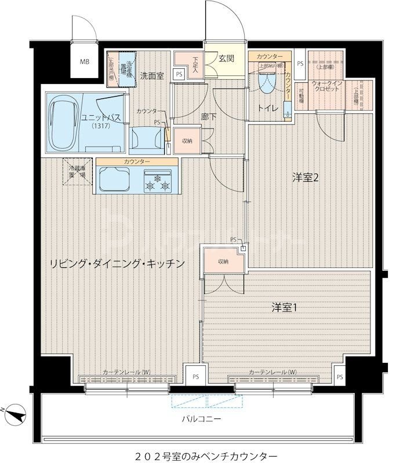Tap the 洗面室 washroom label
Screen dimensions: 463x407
[x=151, y=76]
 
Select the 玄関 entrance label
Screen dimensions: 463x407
[x=226, y=59]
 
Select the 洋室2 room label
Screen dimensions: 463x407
[x=305, y=178]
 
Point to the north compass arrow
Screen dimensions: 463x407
[x=18, y=414]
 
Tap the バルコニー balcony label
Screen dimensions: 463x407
[x=202, y=418]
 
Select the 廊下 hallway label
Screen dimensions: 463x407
[x=208, y=116]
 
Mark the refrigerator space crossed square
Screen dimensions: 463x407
[x=78, y=173]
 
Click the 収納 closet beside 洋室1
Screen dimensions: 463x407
[x=223, y=262]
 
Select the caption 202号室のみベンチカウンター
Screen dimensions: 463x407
[x=203, y=455]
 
